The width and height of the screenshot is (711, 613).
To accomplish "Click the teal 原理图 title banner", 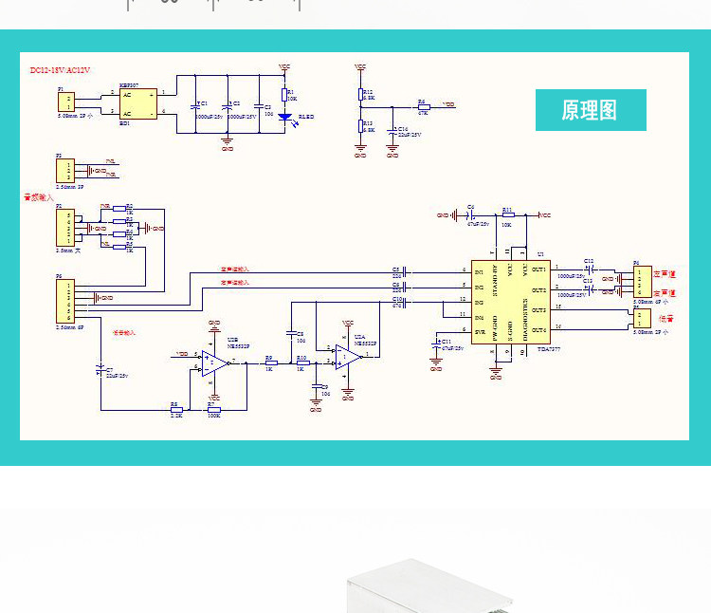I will (591, 110).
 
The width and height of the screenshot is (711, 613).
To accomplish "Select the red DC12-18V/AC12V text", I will (60, 71).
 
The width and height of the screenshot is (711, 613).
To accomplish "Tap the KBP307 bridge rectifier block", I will (137, 102).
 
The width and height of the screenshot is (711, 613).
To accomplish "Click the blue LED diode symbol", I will (283, 117).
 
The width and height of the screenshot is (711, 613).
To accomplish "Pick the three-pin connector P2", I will (64, 171).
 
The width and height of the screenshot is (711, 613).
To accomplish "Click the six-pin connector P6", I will (64, 301).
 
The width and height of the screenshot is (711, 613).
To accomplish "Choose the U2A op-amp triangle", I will (348, 356).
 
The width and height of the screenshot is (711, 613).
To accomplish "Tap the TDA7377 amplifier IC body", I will (511, 301).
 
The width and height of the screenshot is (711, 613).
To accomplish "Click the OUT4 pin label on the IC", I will (538, 329).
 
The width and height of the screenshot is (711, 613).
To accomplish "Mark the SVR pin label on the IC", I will (481, 332).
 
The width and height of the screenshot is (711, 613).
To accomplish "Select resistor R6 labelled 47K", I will (423, 105).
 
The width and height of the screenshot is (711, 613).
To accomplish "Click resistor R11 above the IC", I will (507, 215).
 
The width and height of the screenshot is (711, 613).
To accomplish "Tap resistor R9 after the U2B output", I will (270, 363).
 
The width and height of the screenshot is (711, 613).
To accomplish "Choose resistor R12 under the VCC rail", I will (360, 95).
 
